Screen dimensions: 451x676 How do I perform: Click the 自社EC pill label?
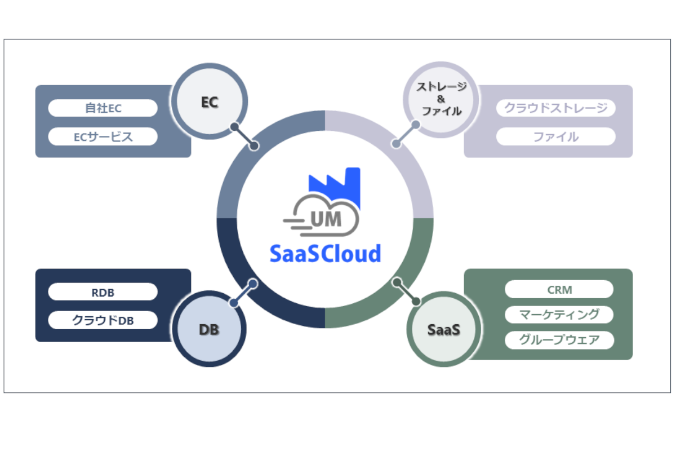[103, 108]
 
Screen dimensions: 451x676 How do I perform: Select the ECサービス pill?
[103, 136]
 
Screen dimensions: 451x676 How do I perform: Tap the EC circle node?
[210, 103]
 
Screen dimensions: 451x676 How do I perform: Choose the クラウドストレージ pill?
[555, 108]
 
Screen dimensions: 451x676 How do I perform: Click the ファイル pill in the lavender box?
[555, 136]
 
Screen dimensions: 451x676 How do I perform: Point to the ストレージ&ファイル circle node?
[442, 100]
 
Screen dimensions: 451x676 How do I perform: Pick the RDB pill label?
[103, 292]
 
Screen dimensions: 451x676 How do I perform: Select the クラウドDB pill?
[103, 320]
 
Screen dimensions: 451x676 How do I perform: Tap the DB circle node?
[210, 329]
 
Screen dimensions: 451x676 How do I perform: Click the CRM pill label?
[559, 290]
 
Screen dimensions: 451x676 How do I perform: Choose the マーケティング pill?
[559, 315]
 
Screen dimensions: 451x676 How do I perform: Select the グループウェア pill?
[559, 340]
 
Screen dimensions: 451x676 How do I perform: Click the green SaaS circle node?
[443, 329]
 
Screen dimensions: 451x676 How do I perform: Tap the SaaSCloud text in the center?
[325, 253]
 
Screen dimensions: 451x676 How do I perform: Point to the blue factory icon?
[334, 182]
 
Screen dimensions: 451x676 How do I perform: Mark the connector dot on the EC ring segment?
[254, 146]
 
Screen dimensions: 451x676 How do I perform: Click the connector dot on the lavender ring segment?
[397, 144]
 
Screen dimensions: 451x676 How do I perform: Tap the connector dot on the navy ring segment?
[252, 284]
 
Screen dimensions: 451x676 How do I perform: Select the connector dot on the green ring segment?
[398, 282]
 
